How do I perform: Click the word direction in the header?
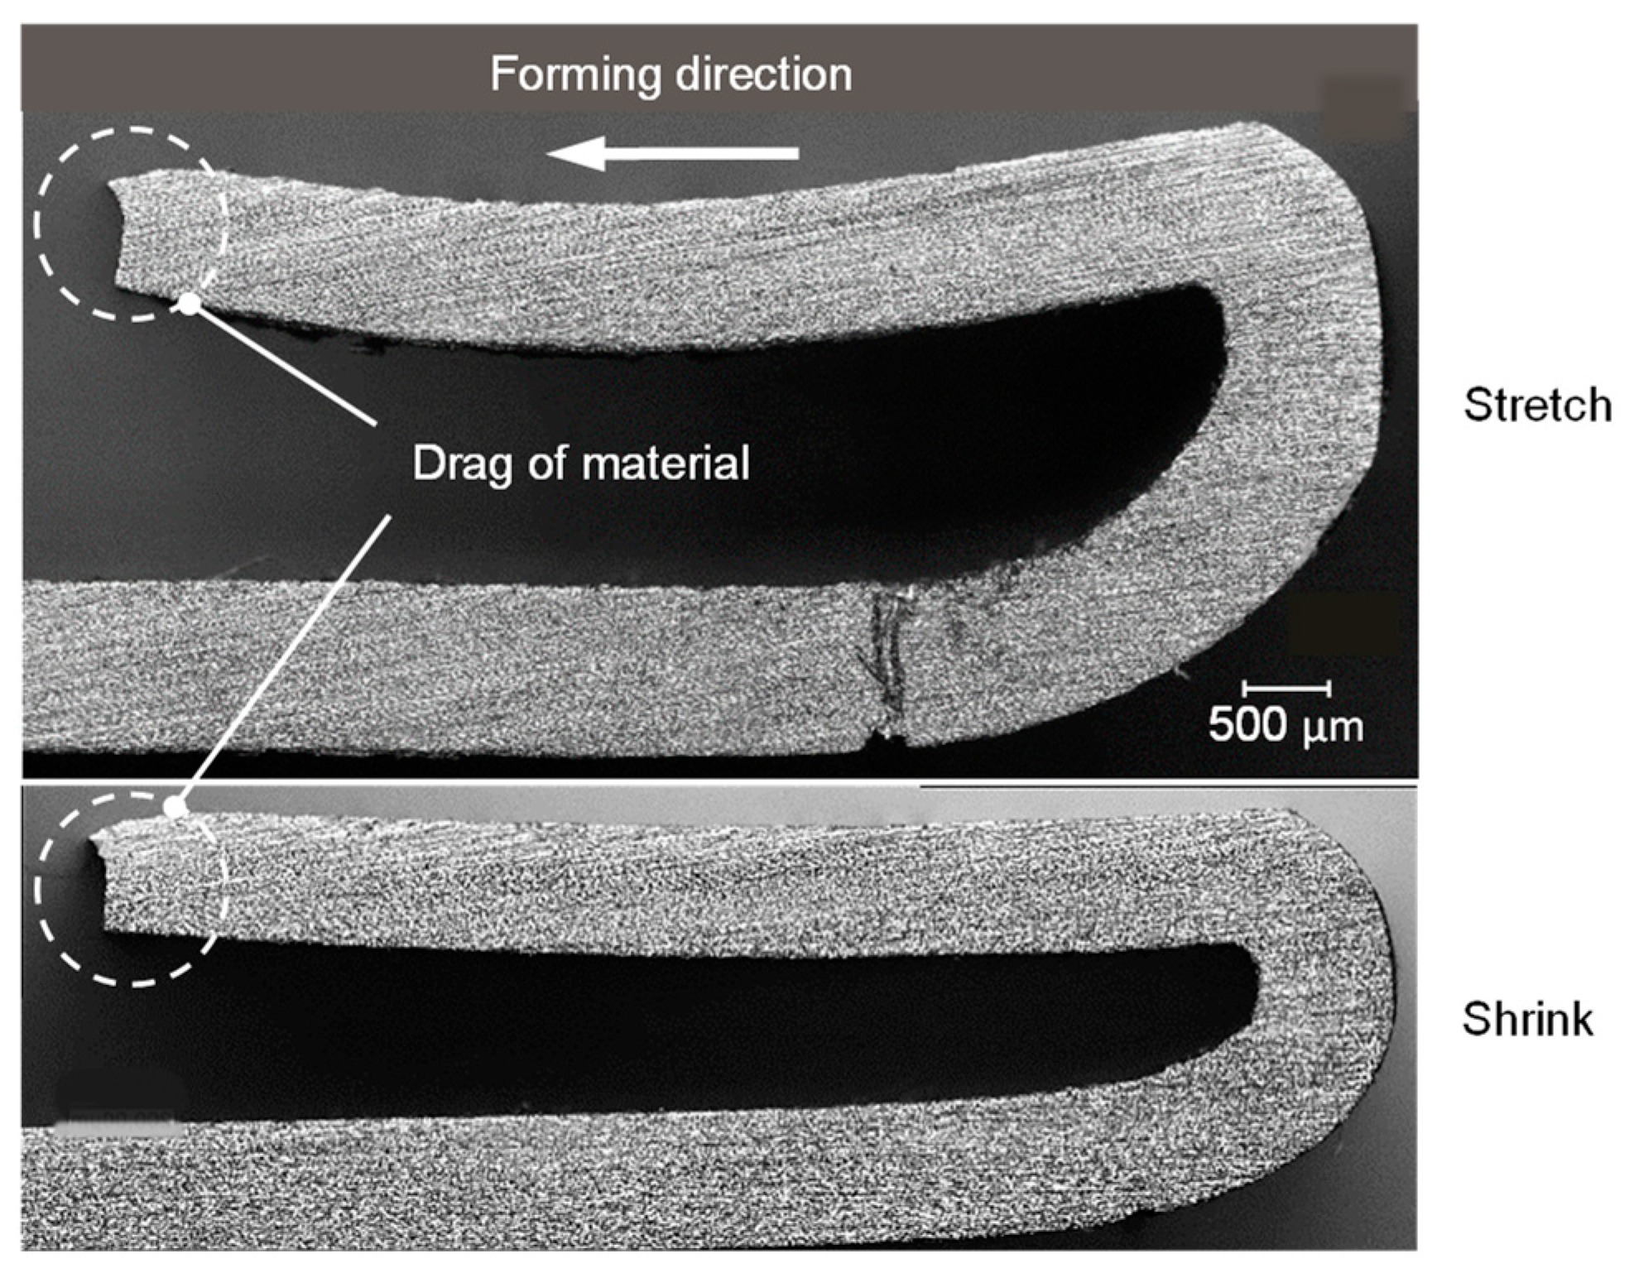pyautogui.click(x=763, y=74)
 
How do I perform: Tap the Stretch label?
pyautogui.click(x=1537, y=406)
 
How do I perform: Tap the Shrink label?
pyautogui.click(x=1527, y=1019)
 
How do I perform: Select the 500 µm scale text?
pyautogui.click(x=1285, y=725)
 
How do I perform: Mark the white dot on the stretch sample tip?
pyautogui.click(x=190, y=304)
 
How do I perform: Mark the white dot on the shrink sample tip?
pyautogui.click(x=175, y=808)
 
